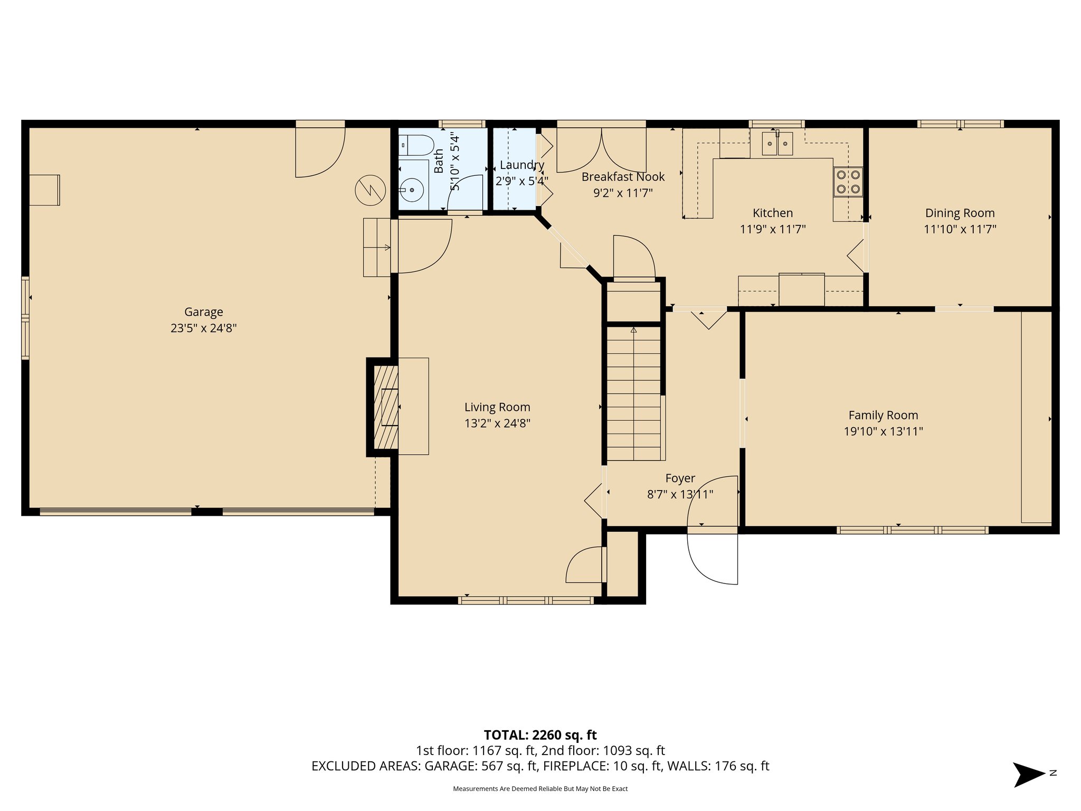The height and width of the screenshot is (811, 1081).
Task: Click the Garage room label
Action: click(x=203, y=312)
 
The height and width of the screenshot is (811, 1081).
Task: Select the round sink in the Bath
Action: click(x=411, y=189)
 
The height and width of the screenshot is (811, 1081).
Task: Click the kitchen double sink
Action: click(x=777, y=144)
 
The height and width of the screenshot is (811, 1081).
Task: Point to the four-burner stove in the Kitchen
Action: click(x=848, y=182)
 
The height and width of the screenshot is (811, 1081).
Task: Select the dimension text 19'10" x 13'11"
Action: click(x=883, y=431)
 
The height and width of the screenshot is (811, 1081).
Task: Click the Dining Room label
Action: click(x=960, y=213)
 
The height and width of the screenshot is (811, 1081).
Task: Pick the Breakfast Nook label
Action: click(x=623, y=177)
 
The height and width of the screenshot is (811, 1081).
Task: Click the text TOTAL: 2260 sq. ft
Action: click(x=540, y=734)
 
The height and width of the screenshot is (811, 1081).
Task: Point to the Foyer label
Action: click(x=680, y=478)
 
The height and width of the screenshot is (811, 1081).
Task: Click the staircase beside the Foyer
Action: click(x=633, y=393)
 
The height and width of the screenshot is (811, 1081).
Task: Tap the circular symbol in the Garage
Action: click(x=371, y=190)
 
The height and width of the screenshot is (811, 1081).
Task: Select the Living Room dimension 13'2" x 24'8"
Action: click(x=497, y=423)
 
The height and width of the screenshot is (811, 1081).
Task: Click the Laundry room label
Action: click(x=521, y=165)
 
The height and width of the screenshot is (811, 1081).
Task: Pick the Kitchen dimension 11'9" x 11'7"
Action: click(x=773, y=229)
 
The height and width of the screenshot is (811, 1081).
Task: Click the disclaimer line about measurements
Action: click(x=540, y=789)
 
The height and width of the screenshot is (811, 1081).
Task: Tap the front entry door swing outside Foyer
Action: click(x=713, y=558)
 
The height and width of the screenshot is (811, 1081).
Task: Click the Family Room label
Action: click(x=883, y=415)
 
